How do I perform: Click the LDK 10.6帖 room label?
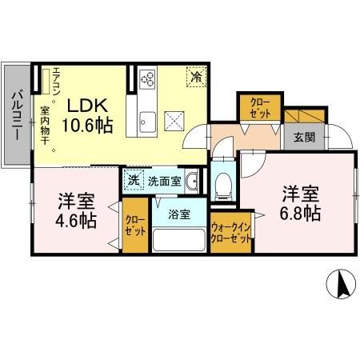[x=88, y=114]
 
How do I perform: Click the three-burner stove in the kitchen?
[x=148, y=79]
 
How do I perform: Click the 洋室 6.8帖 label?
[x=300, y=203]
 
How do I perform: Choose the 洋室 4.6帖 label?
[x=76, y=207]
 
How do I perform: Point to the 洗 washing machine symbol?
[x=133, y=181]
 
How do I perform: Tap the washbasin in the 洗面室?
[x=191, y=183]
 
